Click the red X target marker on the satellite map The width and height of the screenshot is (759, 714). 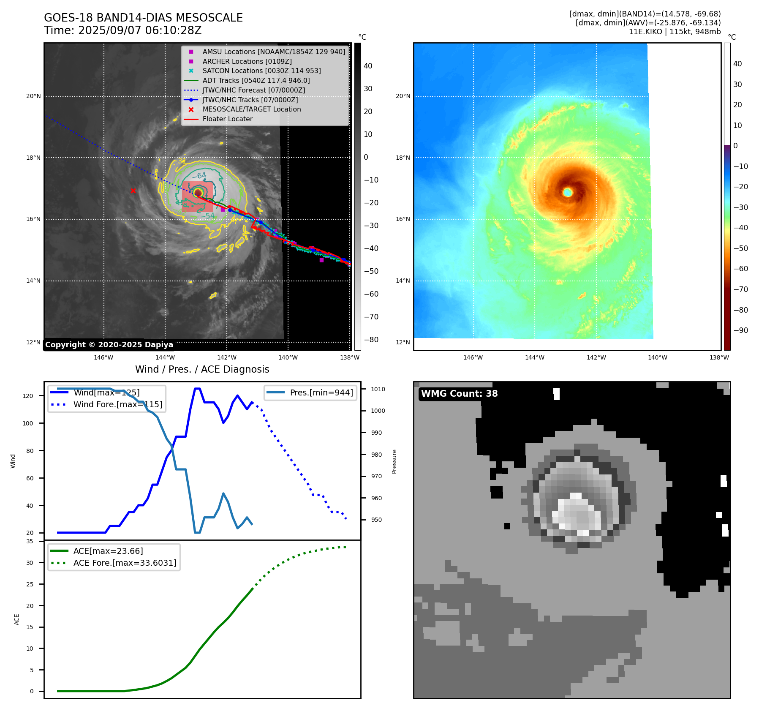pyautogui.click(x=133, y=191)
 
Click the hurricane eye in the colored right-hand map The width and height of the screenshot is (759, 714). pyautogui.click(x=568, y=192)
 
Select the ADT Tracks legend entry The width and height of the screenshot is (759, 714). pyautogui.click(x=256, y=80)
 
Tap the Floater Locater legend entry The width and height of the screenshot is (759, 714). pyautogui.click(x=227, y=119)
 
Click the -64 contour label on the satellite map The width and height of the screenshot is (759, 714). pyautogui.click(x=199, y=176)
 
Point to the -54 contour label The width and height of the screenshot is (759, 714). pyautogui.click(x=207, y=216)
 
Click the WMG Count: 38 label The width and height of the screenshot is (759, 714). pyautogui.click(x=459, y=394)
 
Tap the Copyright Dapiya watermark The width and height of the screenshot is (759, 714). pyautogui.click(x=109, y=345)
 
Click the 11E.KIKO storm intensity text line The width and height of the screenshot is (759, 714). pyautogui.click(x=675, y=32)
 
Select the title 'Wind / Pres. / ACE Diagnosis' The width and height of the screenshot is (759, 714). pyautogui.click(x=202, y=369)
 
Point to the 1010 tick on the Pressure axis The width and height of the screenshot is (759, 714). pyautogui.click(x=378, y=389)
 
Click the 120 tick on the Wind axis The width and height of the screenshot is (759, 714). pyautogui.click(x=28, y=396)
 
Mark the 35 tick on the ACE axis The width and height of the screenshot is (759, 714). pyautogui.click(x=30, y=541)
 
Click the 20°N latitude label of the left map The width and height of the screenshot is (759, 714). pyautogui.click(x=33, y=96)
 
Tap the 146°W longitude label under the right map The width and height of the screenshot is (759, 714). pyautogui.click(x=473, y=357)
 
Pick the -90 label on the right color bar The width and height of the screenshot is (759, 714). pyautogui.click(x=740, y=330)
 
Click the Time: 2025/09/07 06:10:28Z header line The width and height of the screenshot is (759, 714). pyautogui.click(x=123, y=30)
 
